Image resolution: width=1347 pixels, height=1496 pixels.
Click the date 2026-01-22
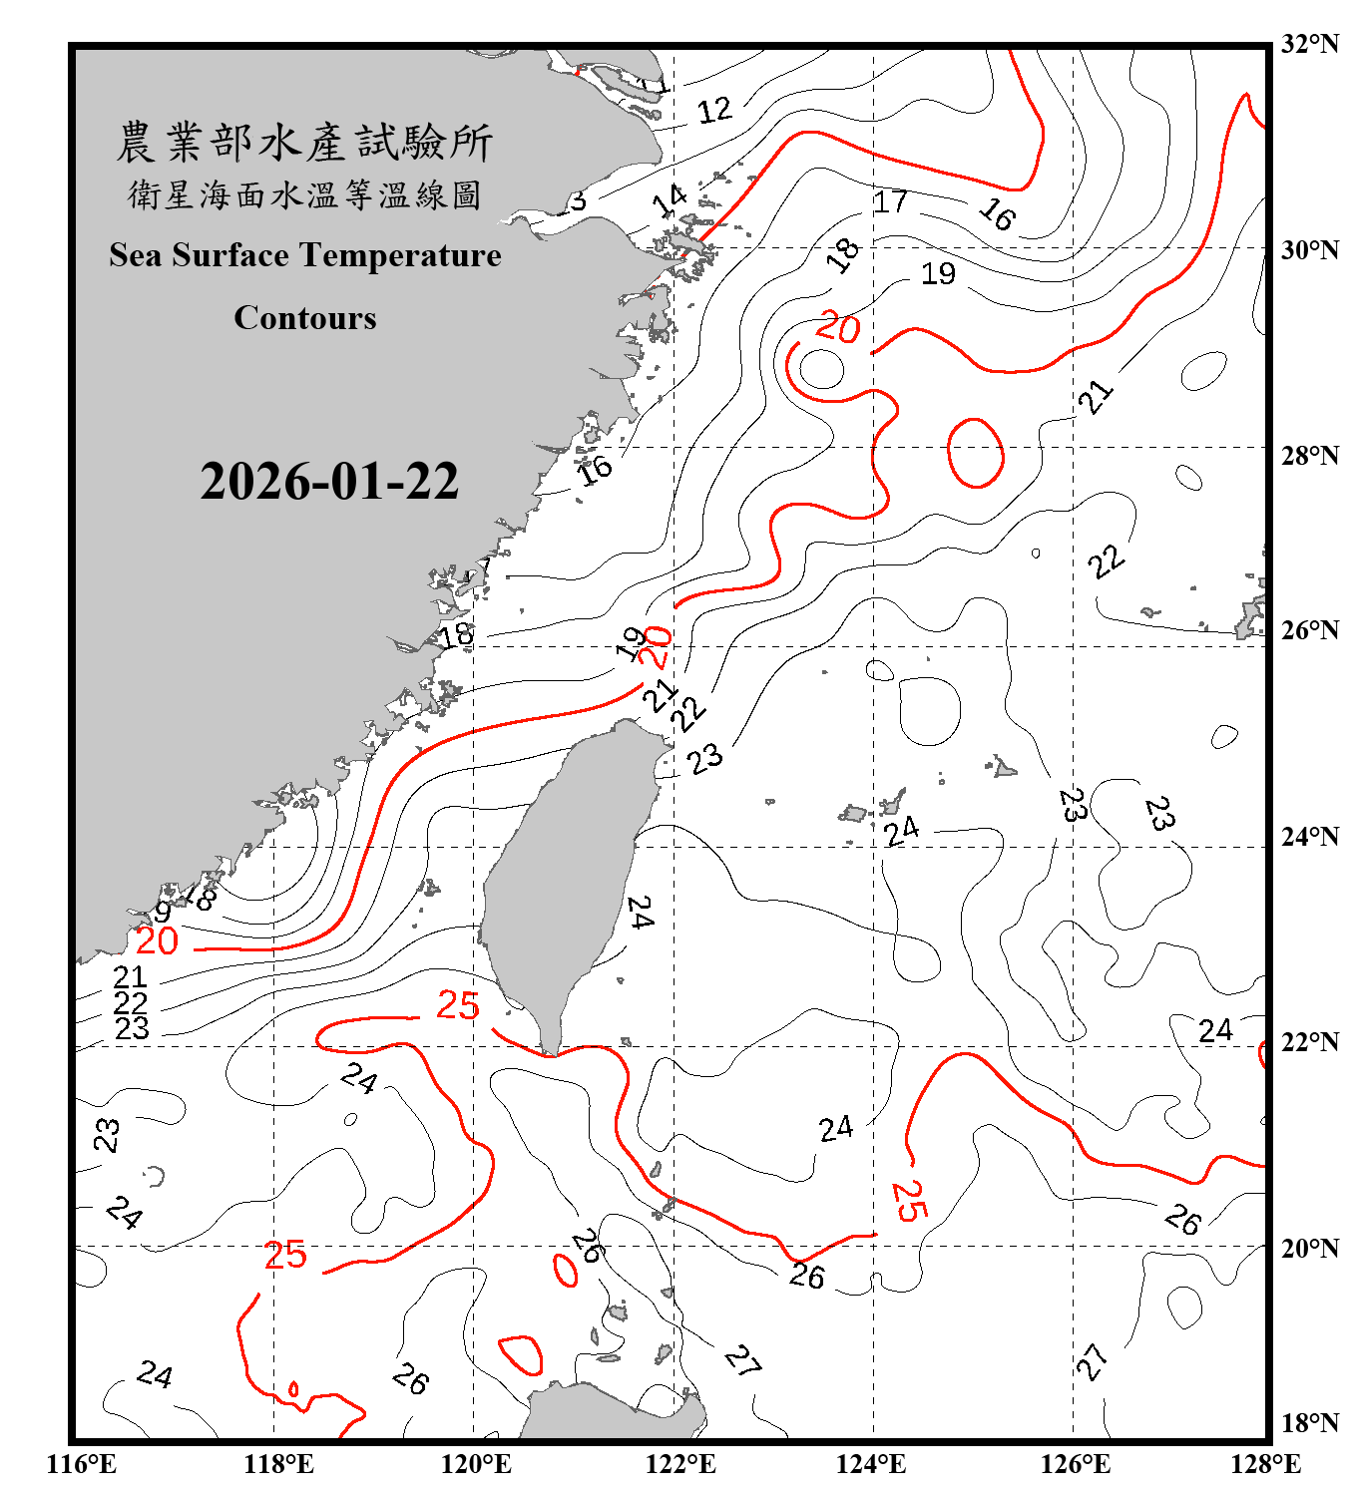[329, 482]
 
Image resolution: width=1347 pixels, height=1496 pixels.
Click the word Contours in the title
[305, 318]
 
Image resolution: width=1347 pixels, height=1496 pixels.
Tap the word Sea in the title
[136, 255]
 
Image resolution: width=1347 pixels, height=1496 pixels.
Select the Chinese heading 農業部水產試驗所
[304, 143]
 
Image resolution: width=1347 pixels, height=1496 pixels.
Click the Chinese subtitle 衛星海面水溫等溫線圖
[304, 194]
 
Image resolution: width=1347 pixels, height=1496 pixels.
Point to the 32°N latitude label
[1309, 44]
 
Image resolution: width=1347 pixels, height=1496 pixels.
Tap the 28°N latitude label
[1309, 456]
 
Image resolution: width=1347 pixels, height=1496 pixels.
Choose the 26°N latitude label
[1309, 630]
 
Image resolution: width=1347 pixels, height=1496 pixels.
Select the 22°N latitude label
[1309, 1042]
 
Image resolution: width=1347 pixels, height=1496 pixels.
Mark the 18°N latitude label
[1309, 1423]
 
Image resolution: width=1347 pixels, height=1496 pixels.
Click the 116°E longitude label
[82, 1464]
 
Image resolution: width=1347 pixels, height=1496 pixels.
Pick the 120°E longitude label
[476, 1464]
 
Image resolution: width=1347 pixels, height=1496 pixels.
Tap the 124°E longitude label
[871, 1464]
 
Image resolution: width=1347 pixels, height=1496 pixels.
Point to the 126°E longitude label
[1075, 1464]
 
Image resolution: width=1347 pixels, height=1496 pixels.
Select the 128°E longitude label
[1265, 1464]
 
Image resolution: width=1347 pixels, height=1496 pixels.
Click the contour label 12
[714, 111]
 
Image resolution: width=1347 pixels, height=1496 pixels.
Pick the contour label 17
[890, 202]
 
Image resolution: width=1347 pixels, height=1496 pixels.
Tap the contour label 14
[670, 200]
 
